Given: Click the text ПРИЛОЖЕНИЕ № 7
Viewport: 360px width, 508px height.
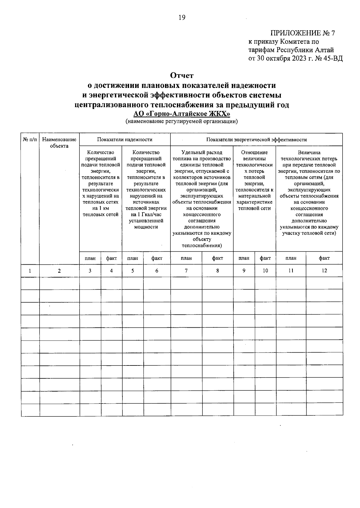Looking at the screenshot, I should pos(302,33).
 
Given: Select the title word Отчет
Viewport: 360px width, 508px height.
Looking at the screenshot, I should pos(182,75).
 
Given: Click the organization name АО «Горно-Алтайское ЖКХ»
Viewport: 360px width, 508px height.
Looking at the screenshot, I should pos(182,114).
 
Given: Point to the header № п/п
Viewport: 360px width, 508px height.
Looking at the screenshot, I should pos(30,140).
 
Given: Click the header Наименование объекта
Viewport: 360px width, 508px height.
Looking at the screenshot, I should pos(59,143).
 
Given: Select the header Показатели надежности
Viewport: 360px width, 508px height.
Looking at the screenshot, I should pos(124,140).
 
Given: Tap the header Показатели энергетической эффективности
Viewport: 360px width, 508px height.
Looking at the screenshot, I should pos(256,140).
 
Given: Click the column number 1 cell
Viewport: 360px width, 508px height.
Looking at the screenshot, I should pos(30,271).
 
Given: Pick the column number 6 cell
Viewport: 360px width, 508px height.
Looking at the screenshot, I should pos(157,271).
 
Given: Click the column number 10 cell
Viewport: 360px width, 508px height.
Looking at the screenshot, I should pos(265,271).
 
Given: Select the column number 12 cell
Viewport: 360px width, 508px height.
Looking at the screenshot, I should pos(324,271).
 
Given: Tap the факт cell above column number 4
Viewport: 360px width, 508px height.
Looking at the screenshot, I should pos(111,258).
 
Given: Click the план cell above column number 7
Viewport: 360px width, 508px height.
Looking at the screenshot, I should pos(186,258).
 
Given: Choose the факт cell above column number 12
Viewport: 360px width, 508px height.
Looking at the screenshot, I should pos(324,258).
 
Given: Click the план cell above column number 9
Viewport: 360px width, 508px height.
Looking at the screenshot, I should pos(244,258).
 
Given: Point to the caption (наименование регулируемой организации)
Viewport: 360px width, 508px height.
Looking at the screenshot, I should pos(182,122).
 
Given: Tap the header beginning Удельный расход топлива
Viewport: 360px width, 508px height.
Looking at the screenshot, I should pos(202,199).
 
